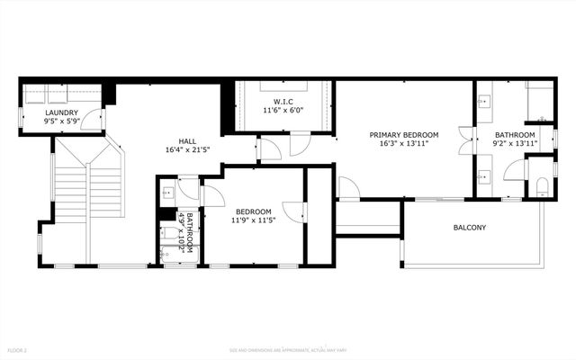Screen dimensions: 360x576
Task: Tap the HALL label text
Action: coord(187,141)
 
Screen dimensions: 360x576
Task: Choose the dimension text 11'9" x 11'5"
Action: coord(255,220)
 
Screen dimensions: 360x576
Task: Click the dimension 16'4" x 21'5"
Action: coord(187,151)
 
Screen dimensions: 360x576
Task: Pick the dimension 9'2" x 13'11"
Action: coord(515,143)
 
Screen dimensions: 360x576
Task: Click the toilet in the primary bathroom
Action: coord(540,187)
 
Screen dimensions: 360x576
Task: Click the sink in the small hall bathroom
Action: coord(167,192)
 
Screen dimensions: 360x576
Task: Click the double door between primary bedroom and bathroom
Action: coord(464,142)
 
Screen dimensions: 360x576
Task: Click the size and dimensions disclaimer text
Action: coord(287,349)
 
